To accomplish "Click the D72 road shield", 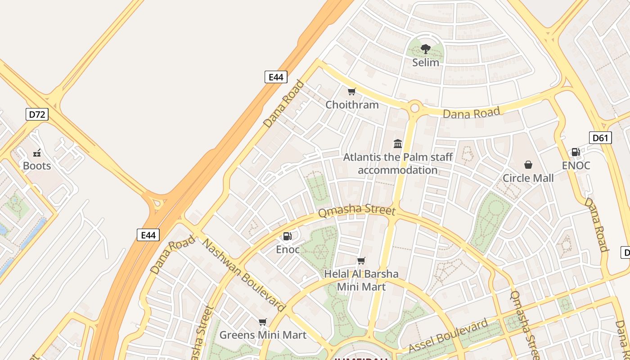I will click(37, 114).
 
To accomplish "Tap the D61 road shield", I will click(600, 138).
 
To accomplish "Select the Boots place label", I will click(37, 166).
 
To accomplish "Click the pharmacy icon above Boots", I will click(37, 153).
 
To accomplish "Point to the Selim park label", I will click(425, 63).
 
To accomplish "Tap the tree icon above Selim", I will click(425, 49).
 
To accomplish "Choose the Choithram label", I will click(352, 105).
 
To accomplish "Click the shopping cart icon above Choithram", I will click(352, 92).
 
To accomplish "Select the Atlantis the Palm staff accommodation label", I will click(398, 164).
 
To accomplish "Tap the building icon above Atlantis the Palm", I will click(398, 144).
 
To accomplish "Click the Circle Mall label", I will click(528, 178).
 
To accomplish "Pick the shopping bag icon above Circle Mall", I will click(528, 165).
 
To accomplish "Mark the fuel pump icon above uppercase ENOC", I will click(576, 152).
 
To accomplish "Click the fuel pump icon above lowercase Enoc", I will click(287, 236).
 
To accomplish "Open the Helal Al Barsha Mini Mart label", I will click(361, 280).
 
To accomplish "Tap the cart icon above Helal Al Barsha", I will click(361, 261).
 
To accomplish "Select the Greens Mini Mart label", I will click(263, 335).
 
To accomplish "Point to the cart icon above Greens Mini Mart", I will click(263, 322).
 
